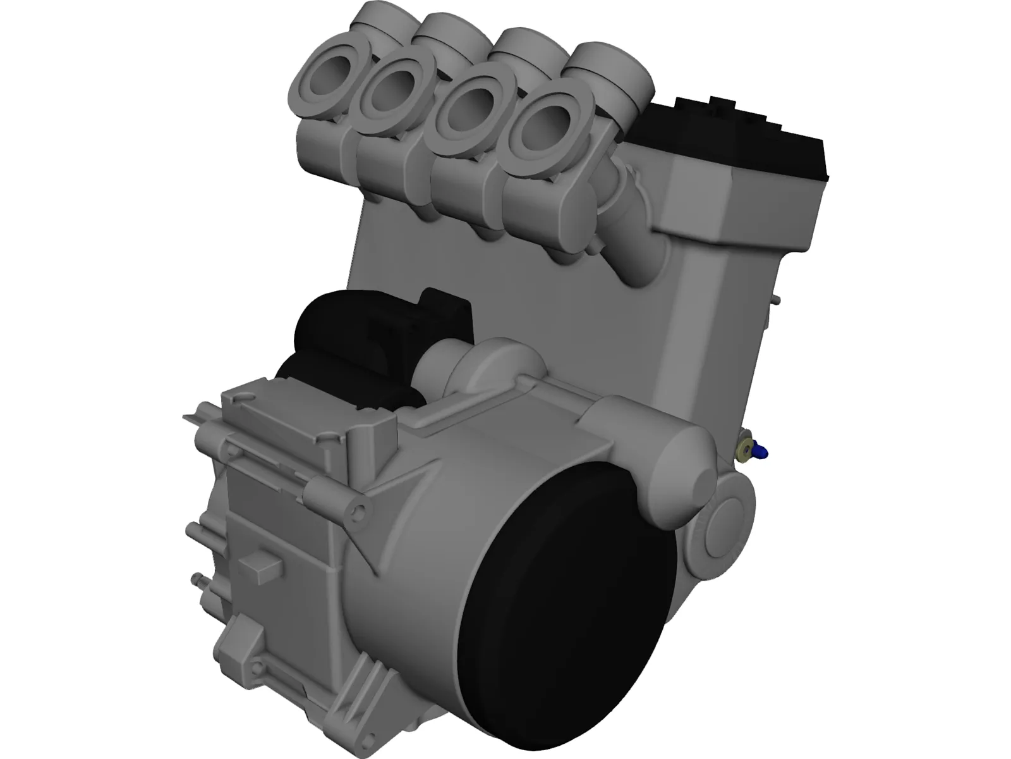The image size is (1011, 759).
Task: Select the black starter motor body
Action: tap(341, 342)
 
